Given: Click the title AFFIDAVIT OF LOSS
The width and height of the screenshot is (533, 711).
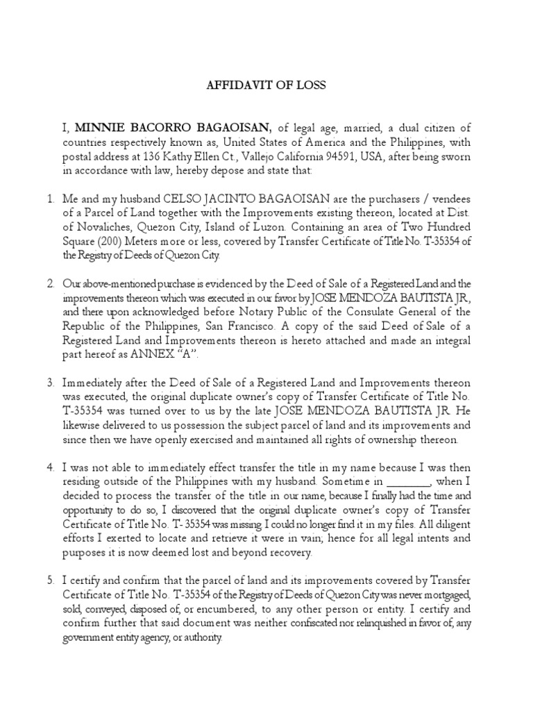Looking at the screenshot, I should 266,85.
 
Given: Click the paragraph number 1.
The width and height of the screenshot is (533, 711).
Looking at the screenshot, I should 50,199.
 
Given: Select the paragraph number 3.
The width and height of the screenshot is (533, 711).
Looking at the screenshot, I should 50,383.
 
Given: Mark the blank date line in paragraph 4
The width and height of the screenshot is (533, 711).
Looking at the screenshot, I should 408,483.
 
